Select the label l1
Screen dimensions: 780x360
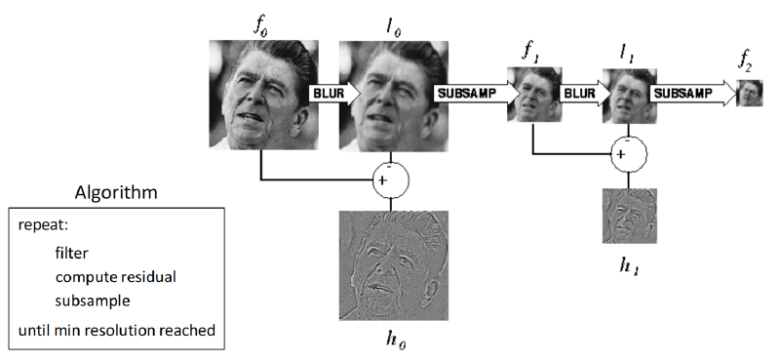[x=629, y=57]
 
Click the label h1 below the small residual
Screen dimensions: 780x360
[x=629, y=264]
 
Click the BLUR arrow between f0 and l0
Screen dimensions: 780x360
[x=334, y=94]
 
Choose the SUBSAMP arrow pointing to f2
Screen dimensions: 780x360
[x=693, y=94]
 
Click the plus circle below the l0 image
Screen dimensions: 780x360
[x=391, y=180]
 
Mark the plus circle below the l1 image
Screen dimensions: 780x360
[x=629, y=154]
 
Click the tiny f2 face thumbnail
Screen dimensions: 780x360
[x=750, y=93]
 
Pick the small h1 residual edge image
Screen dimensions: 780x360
[x=629, y=216]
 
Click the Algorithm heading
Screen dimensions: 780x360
[x=116, y=192]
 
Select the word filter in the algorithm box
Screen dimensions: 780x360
[x=71, y=253]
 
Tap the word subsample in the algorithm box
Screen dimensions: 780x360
[x=93, y=301]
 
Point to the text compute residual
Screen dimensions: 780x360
[x=116, y=277]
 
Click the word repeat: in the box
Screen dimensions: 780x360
[x=43, y=225]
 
